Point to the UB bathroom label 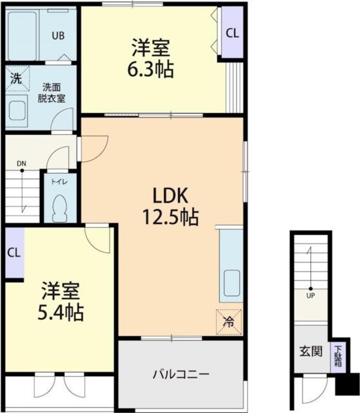click(x=58, y=36)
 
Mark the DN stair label click(x=21, y=163)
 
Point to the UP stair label click(x=310, y=297)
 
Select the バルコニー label click(x=181, y=374)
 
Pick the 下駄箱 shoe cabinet click(x=338, y=356)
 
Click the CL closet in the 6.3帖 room click(x=232, y=34)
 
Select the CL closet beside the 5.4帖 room click(x=13, y=252)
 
